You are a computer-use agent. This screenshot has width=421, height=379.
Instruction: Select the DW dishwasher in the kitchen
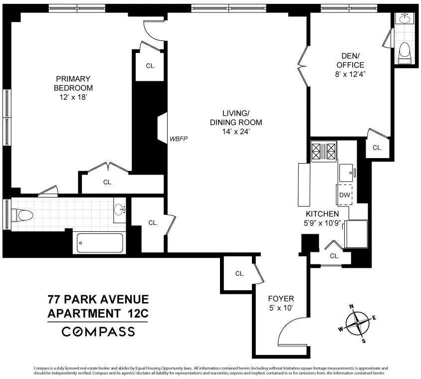pos(344,195)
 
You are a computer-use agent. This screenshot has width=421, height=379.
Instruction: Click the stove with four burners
pos(324,151)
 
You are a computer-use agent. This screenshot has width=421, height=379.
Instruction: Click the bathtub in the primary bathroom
pos(100,244)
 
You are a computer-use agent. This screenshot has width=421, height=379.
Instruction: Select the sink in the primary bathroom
pos(119,210)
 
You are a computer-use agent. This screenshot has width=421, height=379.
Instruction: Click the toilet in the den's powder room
pos(405,52)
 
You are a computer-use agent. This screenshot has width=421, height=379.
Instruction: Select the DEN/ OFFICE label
pos(350,60)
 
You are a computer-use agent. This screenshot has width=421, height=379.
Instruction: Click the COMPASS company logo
pos(98,331)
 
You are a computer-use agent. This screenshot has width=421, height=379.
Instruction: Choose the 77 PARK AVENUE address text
pos(98,300)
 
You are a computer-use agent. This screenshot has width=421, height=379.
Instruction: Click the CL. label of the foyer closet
pos(239,274)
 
